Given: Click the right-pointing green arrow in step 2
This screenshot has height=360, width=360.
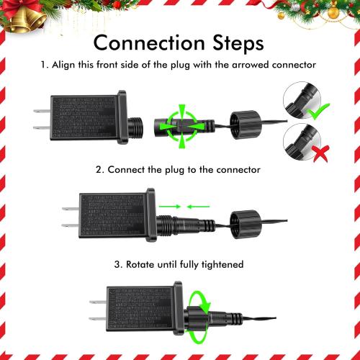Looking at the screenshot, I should click(x=169, y=207).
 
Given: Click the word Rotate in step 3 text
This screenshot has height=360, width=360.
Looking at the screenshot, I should click(x=144, y=264).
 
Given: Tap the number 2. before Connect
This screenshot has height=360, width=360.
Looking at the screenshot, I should click(x=100, y=170).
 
